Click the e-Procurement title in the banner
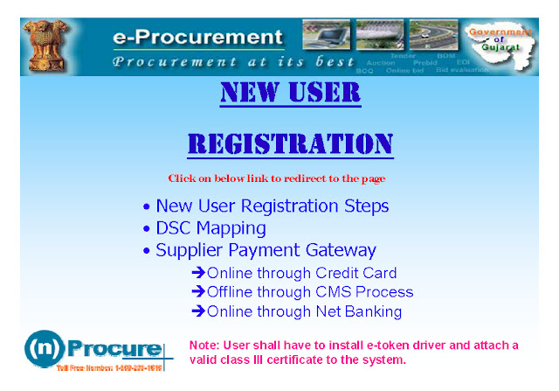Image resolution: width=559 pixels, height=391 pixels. [x=197, y=38]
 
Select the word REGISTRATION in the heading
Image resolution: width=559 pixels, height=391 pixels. [x=291, y=143]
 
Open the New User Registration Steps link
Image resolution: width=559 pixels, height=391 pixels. [x=272, y=206]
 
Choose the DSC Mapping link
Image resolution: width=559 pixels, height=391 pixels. [x=210, y=228]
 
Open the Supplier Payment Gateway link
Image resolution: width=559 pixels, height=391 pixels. [x=266, y=250]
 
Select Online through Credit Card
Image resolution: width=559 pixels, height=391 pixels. [x=301, y=273]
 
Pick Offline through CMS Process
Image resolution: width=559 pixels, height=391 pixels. [x=309, y=292]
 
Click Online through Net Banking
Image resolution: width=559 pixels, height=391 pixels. [x=304, y=311]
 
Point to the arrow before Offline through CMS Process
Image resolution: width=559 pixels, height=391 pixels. [x=198, y=292]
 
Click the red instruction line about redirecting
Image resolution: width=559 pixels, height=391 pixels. [x=277, y=178]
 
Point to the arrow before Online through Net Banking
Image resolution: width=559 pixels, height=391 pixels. [x=198, y=311]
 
